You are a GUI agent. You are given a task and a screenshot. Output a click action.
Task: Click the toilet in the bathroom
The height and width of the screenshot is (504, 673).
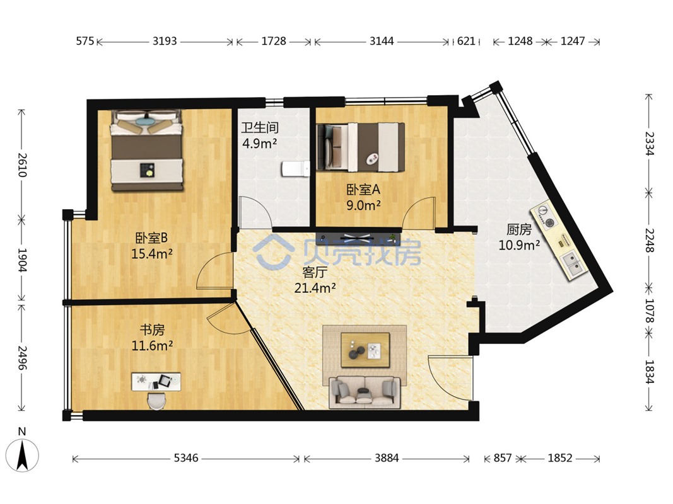point(296,169)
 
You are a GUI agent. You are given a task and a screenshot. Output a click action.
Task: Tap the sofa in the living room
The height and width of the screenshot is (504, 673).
point(365,392)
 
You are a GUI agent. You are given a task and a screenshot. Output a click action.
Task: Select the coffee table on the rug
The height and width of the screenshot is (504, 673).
point(365,350)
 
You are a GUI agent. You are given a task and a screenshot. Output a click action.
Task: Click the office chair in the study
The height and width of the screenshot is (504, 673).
point(156,401)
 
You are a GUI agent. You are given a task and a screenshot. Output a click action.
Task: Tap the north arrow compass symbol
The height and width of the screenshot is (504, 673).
point(22,455)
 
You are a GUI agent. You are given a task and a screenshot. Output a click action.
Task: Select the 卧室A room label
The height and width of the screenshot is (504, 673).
point(363,189)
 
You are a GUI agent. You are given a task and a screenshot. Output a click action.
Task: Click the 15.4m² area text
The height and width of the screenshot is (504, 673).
point(152,254)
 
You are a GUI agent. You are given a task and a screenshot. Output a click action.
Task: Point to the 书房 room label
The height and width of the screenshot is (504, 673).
point(152,329)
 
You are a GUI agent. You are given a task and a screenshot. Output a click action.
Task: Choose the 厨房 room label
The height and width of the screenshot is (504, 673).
point(519,230)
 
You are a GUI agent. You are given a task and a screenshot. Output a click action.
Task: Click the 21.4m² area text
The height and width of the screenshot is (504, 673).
point(315,288)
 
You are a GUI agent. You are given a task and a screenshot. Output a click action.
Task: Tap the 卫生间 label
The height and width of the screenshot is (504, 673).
point(260,127)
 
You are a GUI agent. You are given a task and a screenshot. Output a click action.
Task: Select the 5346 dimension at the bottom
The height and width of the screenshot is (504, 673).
point(186,458)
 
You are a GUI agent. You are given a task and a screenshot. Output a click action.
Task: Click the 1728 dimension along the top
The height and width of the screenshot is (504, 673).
point(273,41)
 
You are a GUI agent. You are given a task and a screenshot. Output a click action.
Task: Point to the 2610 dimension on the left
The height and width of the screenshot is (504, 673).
point(22,165)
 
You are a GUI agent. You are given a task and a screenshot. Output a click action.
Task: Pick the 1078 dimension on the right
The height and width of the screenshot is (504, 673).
point(649,311)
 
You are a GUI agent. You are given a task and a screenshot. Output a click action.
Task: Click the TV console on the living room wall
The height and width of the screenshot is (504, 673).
point(358,237)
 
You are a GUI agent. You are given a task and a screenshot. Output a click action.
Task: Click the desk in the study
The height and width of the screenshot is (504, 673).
point(156,381)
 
